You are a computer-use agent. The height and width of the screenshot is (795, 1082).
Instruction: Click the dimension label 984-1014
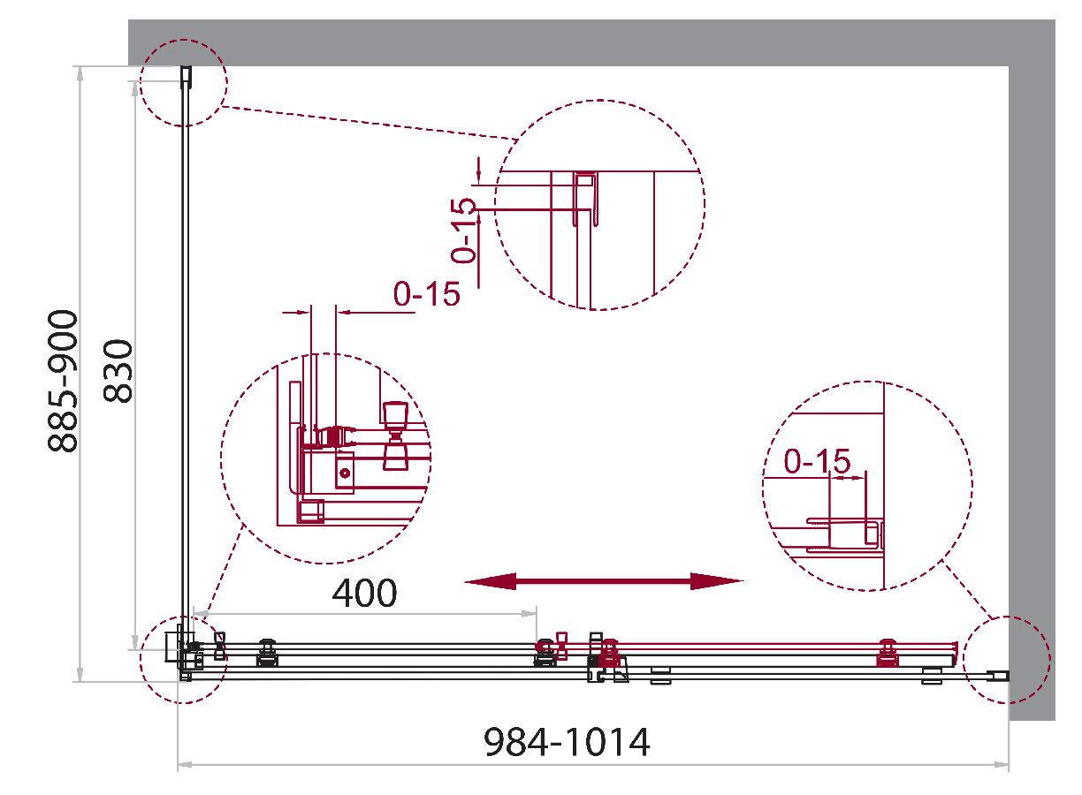[x=567, y=742]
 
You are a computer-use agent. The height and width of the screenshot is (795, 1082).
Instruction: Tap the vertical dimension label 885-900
[x=63, y=381]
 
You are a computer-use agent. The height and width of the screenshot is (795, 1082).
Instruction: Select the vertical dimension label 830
[x=118, y=371]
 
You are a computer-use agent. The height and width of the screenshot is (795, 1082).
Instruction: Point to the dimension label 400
[x=364, y=593]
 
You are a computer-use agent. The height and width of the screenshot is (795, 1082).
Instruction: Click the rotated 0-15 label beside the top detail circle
[x=463, y=231]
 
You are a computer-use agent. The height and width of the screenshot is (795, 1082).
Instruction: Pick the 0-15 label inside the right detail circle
[x=817, y=461]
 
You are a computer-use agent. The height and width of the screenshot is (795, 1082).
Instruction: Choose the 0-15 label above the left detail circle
[x=426, y=293]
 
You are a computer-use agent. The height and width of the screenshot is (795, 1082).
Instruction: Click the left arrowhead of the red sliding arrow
[x=491, y=581]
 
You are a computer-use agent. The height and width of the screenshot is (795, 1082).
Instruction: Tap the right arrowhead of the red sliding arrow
[x=717, y=581]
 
